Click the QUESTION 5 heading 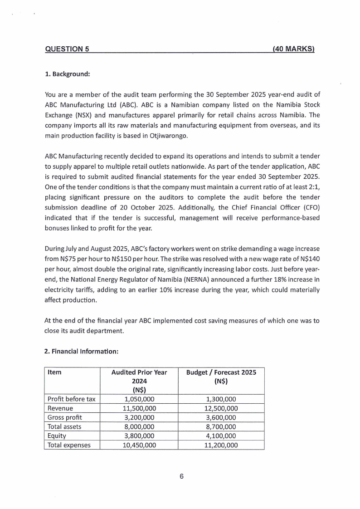tap(67, 49)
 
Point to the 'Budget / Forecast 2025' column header tap(221, 377)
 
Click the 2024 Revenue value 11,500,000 tap(139, 408)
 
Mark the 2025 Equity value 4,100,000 tap(221, 436)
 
